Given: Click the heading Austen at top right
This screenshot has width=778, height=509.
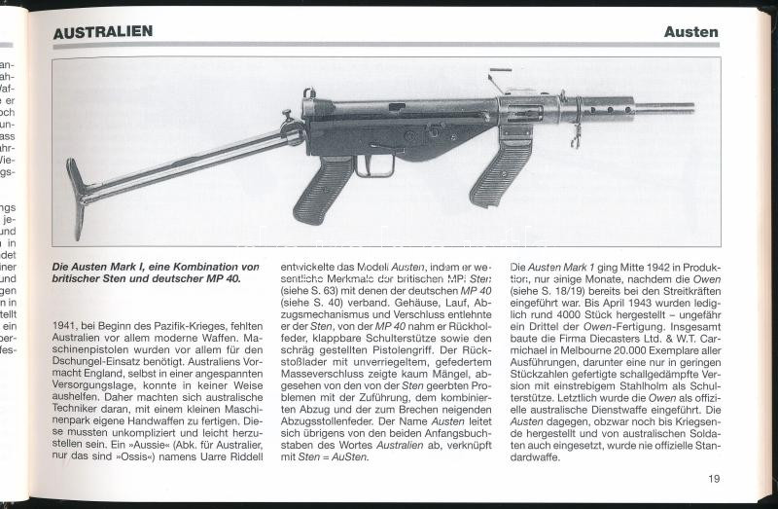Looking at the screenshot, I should pos(690,31).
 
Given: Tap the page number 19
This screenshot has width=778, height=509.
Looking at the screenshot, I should pos(714,478).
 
